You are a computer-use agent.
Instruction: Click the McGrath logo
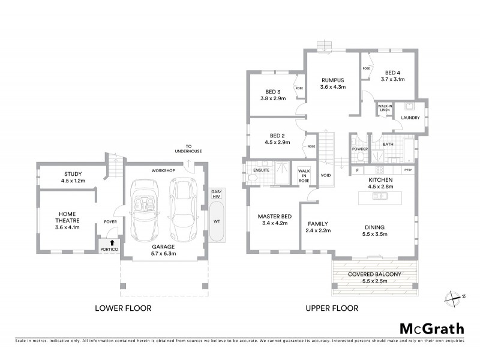(x=432, y=328)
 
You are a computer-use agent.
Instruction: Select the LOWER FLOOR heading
(x=123, y=308)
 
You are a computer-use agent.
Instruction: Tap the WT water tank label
(x=216, y=221)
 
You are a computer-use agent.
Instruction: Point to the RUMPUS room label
(x=332, y=80)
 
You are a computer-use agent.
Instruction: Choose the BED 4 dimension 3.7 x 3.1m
(x=392, y=79)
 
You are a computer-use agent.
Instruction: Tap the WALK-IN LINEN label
(x=385, y=109)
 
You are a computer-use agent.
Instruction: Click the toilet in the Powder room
(x=359, y=157)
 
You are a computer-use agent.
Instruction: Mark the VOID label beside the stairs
(x=326, y=176)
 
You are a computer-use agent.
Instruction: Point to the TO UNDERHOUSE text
(x=193, y=148)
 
